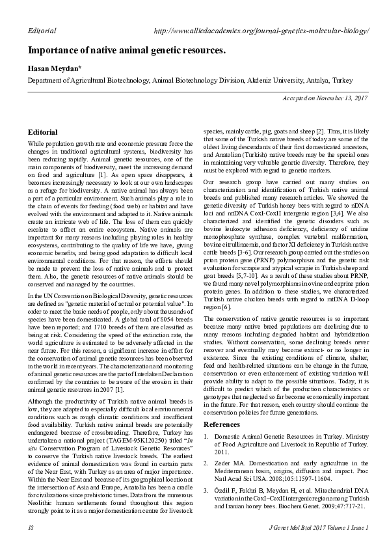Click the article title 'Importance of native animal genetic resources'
(x=127, y=50)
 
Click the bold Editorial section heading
(x=43, y=132)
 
